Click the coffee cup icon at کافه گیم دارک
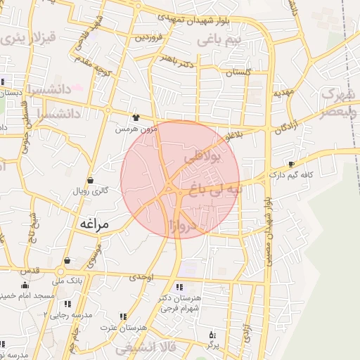[x=292, y=164]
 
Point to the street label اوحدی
[x=141, y=278]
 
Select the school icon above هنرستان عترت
[x=124, y=316]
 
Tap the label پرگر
[x=212, y=345]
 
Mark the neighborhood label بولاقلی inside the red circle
[x=203, y=159]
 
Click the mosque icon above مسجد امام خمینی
[x=25, y=285]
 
